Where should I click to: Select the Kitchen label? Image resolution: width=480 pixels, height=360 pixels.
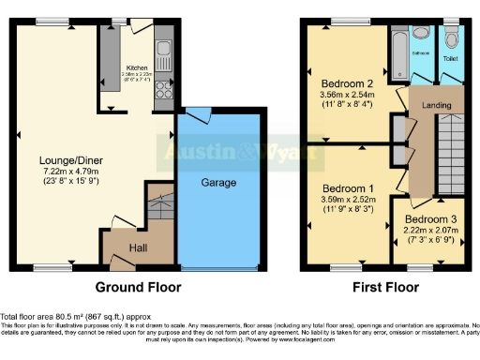tap(138, 68)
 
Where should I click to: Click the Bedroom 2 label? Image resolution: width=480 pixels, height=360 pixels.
tap(348, 82)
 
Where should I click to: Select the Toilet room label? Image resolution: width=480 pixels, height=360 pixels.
tap(451, 57)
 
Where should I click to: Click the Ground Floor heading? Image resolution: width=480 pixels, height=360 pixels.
tap(138, 287)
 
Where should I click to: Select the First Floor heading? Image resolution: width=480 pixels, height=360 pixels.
tap(383, 287)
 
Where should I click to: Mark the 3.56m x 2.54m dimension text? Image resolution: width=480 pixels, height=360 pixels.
tap(348, 94)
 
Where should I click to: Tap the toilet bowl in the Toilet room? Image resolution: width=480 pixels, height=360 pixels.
tap(452, 38)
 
